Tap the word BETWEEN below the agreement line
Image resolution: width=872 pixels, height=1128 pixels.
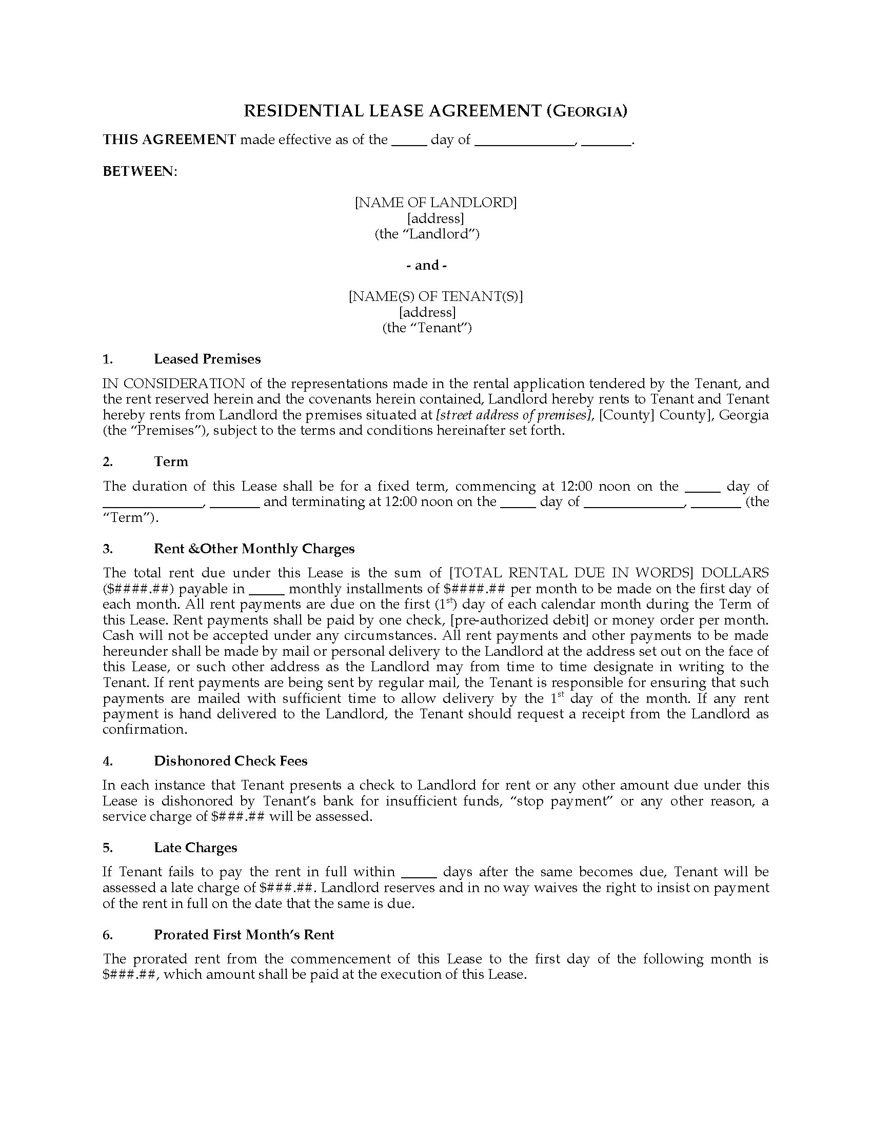tap(139, 171)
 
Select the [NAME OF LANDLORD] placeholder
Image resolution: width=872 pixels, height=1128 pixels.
tap(435, 203)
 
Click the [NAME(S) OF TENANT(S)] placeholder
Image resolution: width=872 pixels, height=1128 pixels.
tap(435, 296)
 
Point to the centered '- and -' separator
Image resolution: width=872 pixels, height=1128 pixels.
tap(427, 266)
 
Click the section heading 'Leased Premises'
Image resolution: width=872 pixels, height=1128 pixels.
tap(207, 359)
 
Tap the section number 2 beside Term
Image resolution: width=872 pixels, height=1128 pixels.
tap(107, 461)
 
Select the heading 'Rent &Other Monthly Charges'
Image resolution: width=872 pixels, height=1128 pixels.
tap(254, 549)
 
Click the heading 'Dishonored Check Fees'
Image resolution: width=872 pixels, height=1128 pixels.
tap(230, 761)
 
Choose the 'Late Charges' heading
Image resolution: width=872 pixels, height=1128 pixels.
tap(195, 848)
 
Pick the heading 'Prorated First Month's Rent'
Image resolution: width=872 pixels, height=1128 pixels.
tap(244, 934)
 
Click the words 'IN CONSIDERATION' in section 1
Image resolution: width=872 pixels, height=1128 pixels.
tap(173, 384)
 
